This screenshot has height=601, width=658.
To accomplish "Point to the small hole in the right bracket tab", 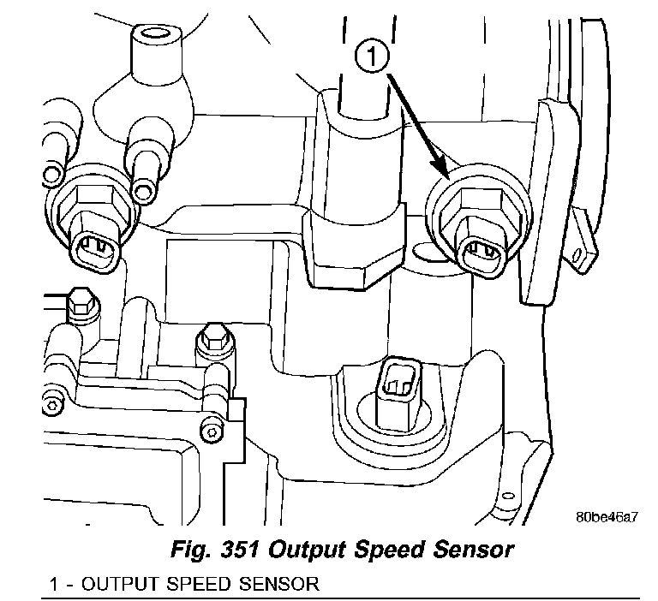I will (584, 253).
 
